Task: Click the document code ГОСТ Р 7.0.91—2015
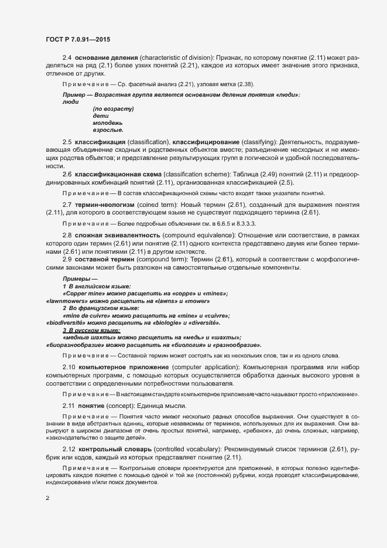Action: tap(77, 39)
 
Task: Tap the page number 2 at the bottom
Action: tap(47, 498)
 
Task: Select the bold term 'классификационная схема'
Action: tap(118, 174)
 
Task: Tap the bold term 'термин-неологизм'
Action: tap(105, 203)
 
